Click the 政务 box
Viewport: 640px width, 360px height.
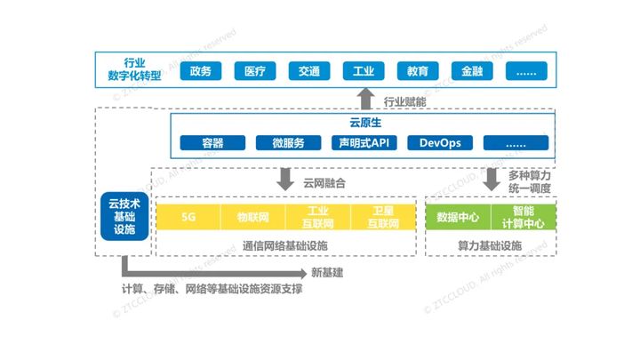(200, 71)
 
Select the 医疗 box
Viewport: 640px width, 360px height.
(254, 71)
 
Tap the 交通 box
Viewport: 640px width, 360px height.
(308, 71)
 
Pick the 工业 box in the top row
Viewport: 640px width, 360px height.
(363, 71)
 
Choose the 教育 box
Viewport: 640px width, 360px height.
(417, 71)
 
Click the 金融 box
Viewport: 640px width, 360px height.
(471, 71)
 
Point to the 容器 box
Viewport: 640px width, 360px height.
(212, 142)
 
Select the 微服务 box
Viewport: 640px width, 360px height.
(288, 142)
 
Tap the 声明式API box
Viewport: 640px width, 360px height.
(364, 142)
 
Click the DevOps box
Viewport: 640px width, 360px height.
(439, 142)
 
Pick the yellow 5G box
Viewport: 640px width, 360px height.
(188, 217)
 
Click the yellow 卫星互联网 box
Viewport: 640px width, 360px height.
(383, 217)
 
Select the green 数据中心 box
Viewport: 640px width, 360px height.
(459, 217)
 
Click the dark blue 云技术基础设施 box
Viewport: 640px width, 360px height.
(123, 217)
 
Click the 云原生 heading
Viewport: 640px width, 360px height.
(364, 124)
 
